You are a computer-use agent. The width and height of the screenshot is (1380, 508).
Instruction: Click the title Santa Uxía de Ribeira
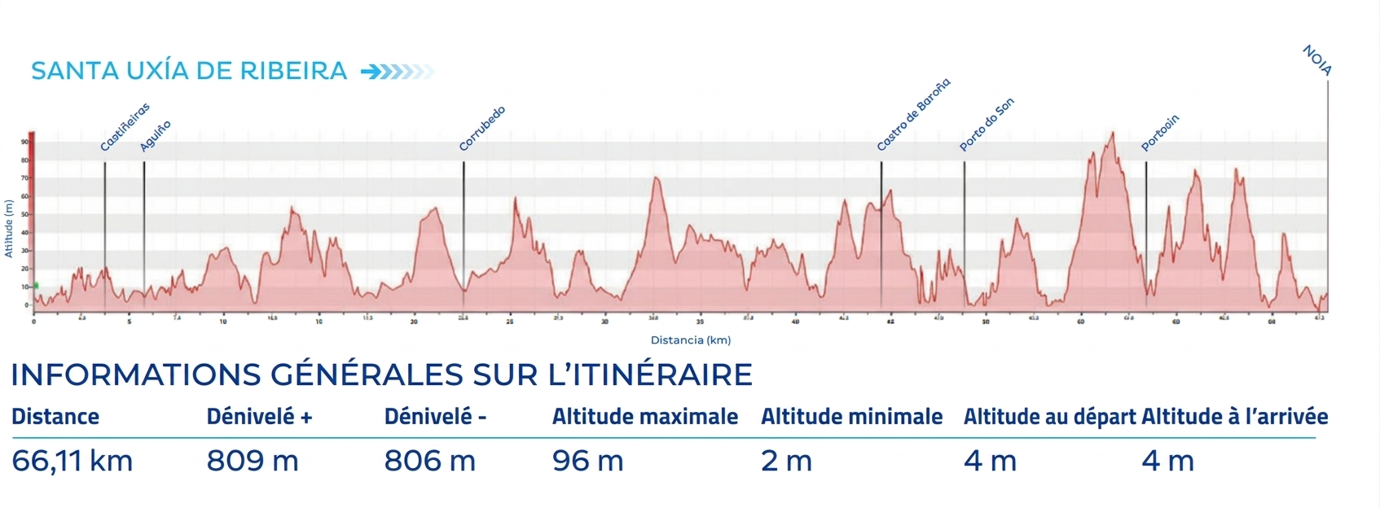tap(189, 71)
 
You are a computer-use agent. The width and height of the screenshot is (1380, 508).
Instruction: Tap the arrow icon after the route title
tap(397, 72)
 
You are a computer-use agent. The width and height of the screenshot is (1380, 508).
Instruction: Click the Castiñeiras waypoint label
tap(125, 128)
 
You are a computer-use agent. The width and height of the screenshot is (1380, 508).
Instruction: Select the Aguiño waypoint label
tap(155, 136)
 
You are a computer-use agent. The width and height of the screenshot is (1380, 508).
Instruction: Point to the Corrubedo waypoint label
tap(481, 129)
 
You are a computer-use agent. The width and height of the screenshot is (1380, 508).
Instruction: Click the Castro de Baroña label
tap(912, 115)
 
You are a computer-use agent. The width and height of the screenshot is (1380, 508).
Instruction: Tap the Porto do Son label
tap(986, 125)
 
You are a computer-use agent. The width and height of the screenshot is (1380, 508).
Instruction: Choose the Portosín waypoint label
tap(1159, 133)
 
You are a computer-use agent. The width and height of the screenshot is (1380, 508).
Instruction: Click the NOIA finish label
tap(1316, 61)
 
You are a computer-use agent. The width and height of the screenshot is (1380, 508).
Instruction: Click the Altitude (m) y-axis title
tap(9, 228)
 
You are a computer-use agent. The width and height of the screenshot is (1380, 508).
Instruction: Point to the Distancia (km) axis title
tap(690, 340)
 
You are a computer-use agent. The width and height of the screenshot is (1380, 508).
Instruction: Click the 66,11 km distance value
tap(72, 461)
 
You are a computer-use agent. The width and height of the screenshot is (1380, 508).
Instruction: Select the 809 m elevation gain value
tap(253, 461)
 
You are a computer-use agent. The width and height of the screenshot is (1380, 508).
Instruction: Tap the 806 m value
tap(429, 461)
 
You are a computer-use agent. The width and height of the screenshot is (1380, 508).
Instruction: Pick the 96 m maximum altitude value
tap(587, 461)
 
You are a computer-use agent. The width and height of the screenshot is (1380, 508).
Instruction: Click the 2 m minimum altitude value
tap(786, 461)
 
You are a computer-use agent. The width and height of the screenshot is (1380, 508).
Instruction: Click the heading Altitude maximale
tap(644, 417)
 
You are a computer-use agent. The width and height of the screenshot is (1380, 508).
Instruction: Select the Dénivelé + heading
tap(259, 417)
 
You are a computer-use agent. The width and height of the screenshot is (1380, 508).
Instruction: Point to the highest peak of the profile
tap(1111, 134)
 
